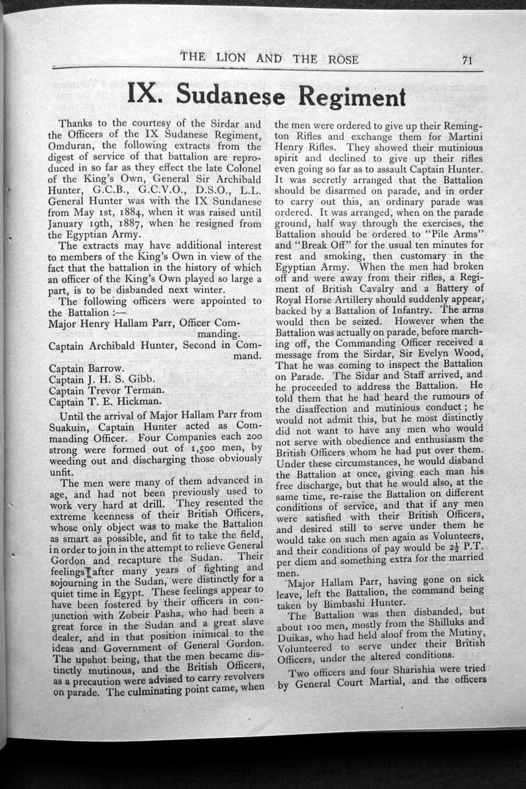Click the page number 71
click(x=469, y=59)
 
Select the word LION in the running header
click(x=230, y=59)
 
